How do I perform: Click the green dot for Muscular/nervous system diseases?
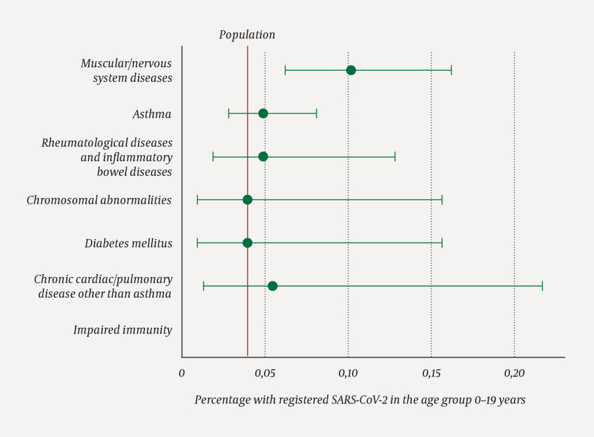(351, 70)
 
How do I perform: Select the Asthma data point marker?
(263, 113)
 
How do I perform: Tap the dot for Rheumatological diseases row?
(263, 157)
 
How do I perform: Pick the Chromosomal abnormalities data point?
(248, 200)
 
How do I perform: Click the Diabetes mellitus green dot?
(248, 243)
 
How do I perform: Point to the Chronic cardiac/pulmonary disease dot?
(273, 286)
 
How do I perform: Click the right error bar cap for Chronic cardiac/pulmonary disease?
(542, 286)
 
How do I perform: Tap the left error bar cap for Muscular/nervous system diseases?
(285, 70)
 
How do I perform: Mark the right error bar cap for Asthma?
(317, 113)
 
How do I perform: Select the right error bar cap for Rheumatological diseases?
(395, 157)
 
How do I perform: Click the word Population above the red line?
(247, 35)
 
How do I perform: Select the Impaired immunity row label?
(122, 330)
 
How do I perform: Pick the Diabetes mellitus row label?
(128, 243)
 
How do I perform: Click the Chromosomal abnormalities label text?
(99, 200)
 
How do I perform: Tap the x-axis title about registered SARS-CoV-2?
(360, 400)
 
